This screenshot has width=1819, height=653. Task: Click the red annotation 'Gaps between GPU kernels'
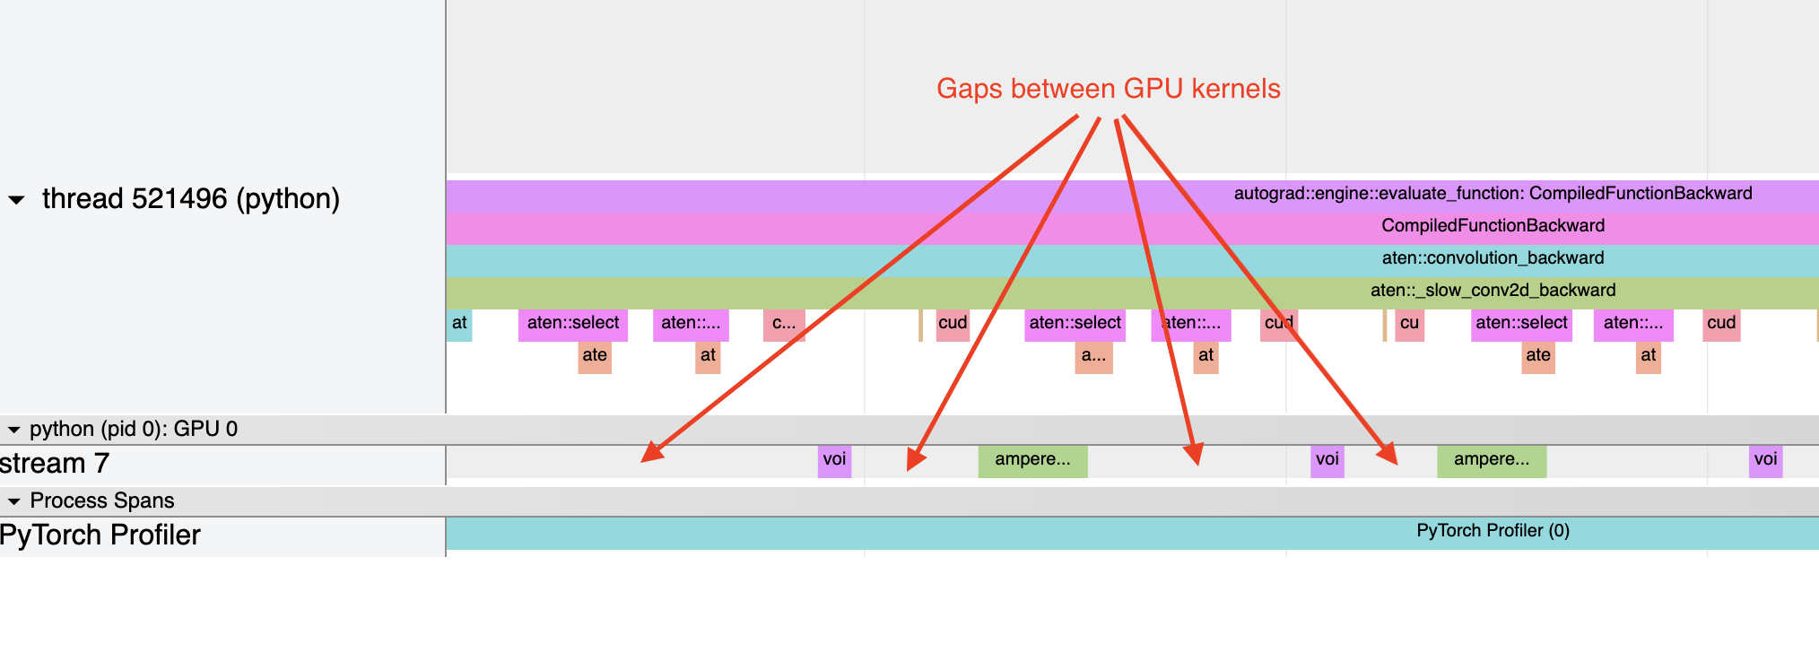coord(1108,89)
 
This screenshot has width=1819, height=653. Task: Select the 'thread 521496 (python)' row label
coord(190,198)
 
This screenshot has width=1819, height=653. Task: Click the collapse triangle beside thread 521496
coord(16,199)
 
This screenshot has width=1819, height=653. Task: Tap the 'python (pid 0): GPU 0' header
coord(133,429)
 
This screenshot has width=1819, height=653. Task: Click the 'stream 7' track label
coord(55,463)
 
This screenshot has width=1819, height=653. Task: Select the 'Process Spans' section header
coord(101,501)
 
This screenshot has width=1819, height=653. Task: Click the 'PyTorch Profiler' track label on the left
coord(100,535)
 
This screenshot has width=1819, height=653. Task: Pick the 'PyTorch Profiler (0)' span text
coord(1493,531)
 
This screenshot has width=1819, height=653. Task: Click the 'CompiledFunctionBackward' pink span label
coord(1493,226)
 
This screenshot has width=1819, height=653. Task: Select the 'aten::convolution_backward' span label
coord(1493,258)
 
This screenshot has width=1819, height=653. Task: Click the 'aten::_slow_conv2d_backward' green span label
coord(1493,291)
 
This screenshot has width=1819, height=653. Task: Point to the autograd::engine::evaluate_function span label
coord(1493,194)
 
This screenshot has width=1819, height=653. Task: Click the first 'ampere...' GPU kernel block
coord(1032,460)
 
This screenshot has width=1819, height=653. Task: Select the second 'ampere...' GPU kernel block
coord(1492,460)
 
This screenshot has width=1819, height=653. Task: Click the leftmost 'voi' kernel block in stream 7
coord(834,460)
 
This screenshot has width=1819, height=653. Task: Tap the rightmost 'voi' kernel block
coord(1765,460)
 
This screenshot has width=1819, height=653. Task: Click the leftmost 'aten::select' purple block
coord(572,324)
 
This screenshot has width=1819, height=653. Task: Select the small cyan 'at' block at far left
coord(458,324)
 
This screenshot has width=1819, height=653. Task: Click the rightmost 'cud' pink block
coord(1721,324)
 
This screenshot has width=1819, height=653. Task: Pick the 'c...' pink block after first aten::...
coord(783,324)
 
